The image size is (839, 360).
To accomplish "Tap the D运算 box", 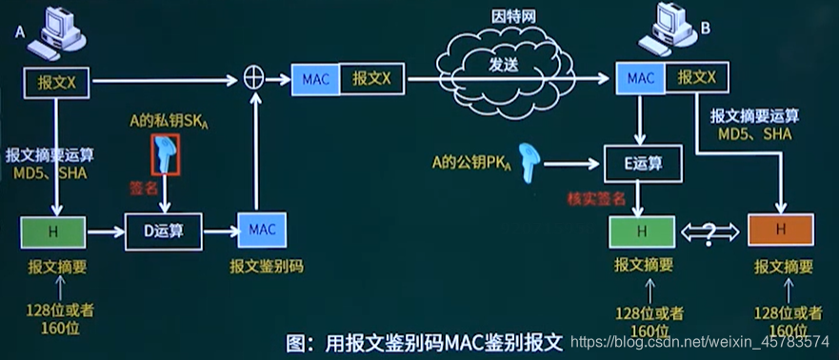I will click(164, 230).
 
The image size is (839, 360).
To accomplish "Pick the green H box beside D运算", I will click(53, 230).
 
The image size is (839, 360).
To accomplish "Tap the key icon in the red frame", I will click(166, 155).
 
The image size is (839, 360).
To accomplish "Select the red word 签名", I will click(145, 190).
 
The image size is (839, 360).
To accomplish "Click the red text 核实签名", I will click(596, 197).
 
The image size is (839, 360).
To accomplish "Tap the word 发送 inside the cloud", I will click(505, 66).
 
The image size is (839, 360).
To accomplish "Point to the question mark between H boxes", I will click(710, 230).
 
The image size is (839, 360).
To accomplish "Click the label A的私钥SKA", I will click(168, 122).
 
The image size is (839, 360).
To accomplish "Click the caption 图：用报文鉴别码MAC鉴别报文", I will click(426, 340).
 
